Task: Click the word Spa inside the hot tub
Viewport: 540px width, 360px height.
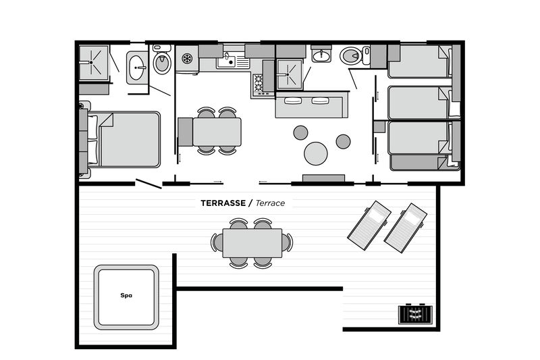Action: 126,295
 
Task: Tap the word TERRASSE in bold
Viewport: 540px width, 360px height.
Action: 223,203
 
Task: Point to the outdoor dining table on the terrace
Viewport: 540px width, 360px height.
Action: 252,243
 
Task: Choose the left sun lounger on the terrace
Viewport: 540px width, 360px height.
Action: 369,222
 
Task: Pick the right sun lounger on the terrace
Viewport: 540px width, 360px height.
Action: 405,225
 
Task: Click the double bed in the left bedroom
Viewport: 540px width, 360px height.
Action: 125,140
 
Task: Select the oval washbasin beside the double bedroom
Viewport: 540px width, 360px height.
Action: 137,68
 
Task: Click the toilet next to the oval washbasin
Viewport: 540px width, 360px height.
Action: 161,62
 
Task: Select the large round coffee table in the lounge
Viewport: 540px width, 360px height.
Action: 316,153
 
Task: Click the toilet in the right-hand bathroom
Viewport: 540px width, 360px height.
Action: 351,55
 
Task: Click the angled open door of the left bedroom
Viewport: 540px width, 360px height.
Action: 148,184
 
